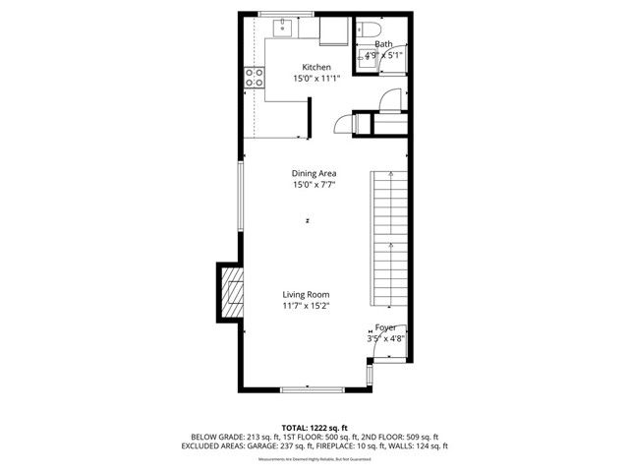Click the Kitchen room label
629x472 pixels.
click(x=315, y=67)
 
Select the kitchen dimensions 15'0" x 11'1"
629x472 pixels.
click(x=315, y=79)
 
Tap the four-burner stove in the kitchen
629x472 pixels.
click(x=255, y=78)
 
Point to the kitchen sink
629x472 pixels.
click(x=282, y=27)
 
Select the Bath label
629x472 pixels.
click(x=382, y=44)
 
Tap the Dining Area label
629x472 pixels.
click(x=314, y=173)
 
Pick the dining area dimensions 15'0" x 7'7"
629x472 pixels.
click(x=314, y=185)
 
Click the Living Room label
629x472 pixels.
click(x=306, y=294)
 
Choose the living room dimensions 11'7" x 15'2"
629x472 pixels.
click(x=306, y=306)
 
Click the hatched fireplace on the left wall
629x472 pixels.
click(x=232, y=293)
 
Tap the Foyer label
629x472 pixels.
click(x=385, y=326)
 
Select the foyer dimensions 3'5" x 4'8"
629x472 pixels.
click(x=385, y=338)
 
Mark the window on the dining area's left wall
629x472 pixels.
click(x=242, y=197)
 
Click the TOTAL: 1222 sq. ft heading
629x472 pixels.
click(x=314, y=428)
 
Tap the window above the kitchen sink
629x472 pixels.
click(x=286, y=13)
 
